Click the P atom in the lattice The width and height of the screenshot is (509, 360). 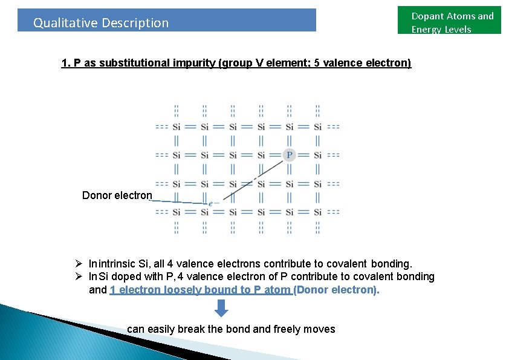click(x=290, y=155)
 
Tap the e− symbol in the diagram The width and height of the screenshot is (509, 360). click(x=211, y=203)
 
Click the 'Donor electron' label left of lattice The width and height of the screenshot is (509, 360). click(x=117, y=195)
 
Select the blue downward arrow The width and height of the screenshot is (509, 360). click(x=222, y=308)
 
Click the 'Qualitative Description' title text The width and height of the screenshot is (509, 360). click(x=101, y=23)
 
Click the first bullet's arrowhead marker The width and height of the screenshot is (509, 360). click(x=79, y=264)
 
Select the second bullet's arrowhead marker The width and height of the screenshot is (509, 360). click(x=79, y=277)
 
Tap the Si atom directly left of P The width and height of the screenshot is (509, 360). click(x=261, y=155)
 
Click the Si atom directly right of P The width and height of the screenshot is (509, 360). click(x=317, y=155)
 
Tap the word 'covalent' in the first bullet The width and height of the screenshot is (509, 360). click(x=347, y=264)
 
